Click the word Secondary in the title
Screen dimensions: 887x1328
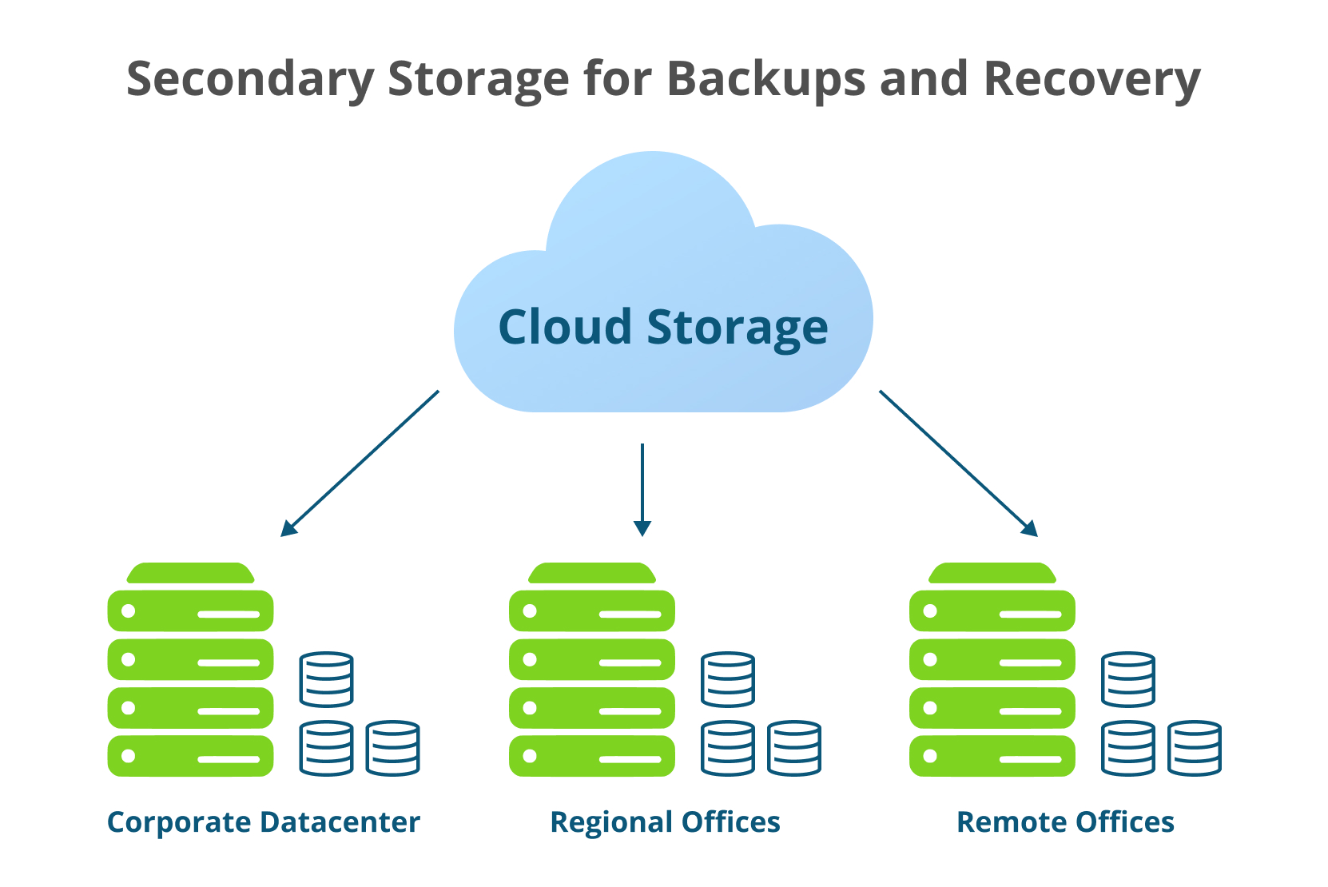tap(250, 80)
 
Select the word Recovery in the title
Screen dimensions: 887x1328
tap(1091, 80)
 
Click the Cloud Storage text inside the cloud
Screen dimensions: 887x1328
tap(663, 328)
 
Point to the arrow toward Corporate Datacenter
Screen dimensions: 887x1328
tap(360, 463)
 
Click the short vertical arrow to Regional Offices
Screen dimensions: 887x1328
tap(642, 489)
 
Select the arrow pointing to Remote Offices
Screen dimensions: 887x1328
tap(958, 463)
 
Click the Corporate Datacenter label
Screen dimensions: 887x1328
tap(263, 822)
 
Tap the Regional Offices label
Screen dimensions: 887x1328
tap(665, 822)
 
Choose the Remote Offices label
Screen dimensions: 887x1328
tap(1065, 822)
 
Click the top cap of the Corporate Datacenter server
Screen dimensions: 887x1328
tap(190, 573)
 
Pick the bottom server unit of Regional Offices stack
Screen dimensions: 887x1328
tap(591, 756)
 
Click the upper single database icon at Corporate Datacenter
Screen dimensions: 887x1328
tap(326, 679)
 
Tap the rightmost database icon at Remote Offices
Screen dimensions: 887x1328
tap(1194, 748)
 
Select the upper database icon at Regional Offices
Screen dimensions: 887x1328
tap(727, 679)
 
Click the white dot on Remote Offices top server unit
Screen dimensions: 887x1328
tap(929, 611)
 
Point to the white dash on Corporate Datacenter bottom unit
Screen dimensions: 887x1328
tap(229, 759)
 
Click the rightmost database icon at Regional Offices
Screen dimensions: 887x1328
tap(793, 748)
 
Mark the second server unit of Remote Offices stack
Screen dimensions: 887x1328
tap(992, 659)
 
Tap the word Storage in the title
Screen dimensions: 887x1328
tap(478, 80)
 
